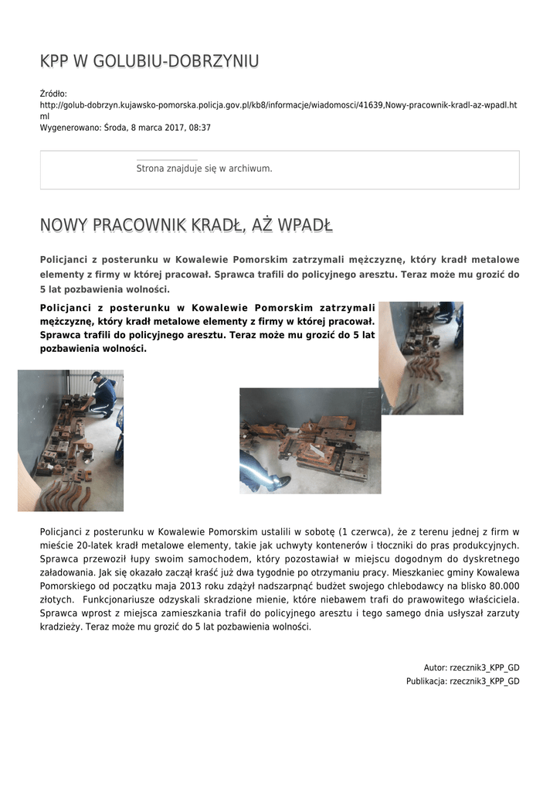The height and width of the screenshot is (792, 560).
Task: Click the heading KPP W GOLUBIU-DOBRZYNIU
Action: coord(149,61)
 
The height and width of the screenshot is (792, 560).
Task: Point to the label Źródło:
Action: coord(53,94)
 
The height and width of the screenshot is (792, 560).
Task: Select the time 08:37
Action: coord(200,128)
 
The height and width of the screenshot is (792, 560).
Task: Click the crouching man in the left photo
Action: coord(102,396)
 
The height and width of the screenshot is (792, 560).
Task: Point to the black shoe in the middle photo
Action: coord(280,483)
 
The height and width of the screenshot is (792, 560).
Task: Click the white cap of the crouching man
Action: coord(95,377)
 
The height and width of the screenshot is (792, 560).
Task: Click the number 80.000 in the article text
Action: coord(500,585)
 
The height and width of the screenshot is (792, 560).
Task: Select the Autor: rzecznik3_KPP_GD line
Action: coord(471,667)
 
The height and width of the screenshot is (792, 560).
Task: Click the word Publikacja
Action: coord(426,681)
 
